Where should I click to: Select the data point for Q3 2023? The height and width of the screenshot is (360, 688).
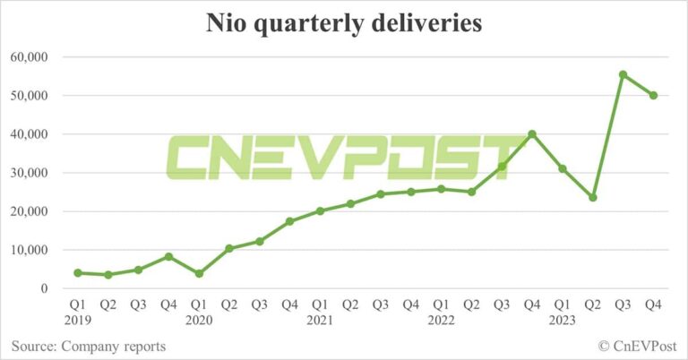click(x=623, y=74)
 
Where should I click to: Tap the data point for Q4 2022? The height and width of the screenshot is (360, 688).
click(x=532, y=134)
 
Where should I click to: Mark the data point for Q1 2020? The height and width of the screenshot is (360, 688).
click(x=199, y=273)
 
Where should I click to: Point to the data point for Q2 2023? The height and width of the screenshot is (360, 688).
click(x=593, y=197)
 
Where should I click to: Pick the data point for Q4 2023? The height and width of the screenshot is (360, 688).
click(x=653, y=95)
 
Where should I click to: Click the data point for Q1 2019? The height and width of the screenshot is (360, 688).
click(x=78, y=273)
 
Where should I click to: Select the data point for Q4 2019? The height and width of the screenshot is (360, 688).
click(x=168, y=256)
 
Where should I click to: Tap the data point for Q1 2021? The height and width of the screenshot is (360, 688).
click(x=320, y=211)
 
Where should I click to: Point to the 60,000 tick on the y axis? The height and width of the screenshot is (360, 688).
click(x=29, y=57)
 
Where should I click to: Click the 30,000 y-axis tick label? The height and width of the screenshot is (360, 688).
click(x=29, y=173)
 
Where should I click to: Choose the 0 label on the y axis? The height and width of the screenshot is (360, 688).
click(x=42, y=288)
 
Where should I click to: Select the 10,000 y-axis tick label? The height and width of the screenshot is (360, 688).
click(x=29, y=250)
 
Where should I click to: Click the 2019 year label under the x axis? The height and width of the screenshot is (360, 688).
click(x=78, y=320)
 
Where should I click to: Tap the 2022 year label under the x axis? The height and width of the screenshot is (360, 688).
click(x=441, y=320)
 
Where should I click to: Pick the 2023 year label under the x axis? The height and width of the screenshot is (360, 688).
click(x=562, y=320)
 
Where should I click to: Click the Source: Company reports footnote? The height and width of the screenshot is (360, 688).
click(x=89, y=346)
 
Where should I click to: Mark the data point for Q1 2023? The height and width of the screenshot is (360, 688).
click(x=563, y=168)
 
